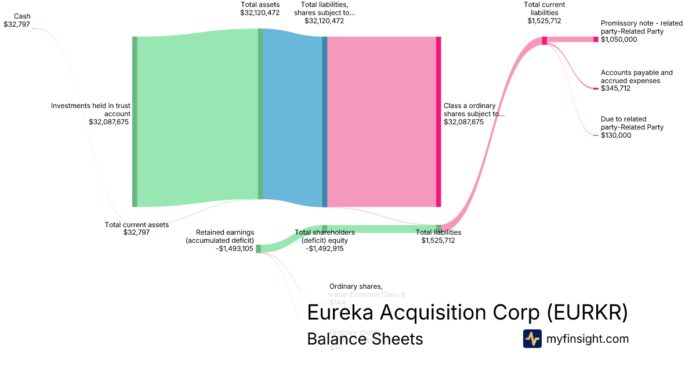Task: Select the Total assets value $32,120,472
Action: tap(260, 12)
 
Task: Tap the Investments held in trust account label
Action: tap(90, 110)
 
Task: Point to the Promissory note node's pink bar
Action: tap(595, 40)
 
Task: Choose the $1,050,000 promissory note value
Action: tap(619, 40)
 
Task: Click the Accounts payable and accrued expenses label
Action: tap(637, 77)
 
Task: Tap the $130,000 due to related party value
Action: tap(616, 135)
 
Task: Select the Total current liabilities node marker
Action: tap(544, 40)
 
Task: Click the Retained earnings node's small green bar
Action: tap(258, 249)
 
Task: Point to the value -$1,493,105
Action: tap(234, 249)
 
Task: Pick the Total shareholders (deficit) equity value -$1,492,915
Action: tap(325, 249)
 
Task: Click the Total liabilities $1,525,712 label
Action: tap(438, 236)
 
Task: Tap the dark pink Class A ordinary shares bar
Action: tap(438, 121)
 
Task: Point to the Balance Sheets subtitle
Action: tap(365, 339)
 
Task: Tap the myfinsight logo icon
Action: tap(532, 339)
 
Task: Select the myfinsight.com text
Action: tap(588, 339)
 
